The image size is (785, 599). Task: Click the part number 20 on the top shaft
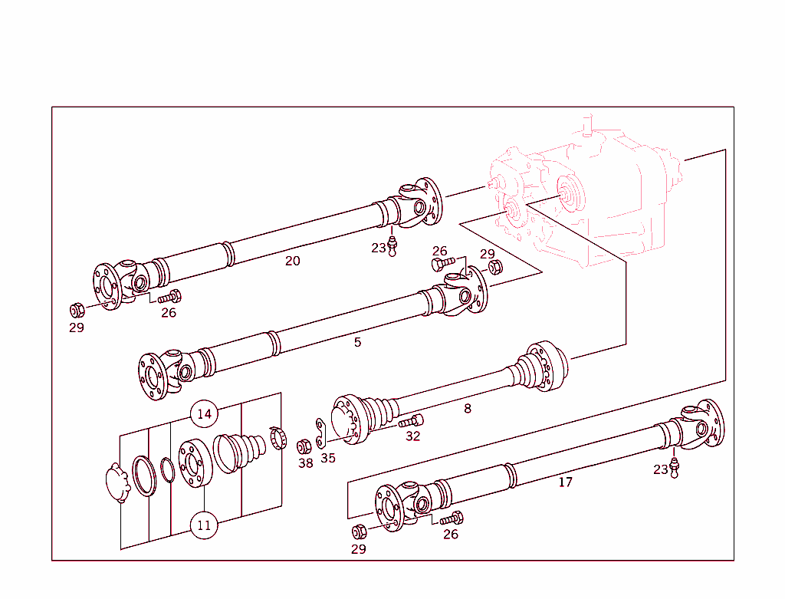(293, 261)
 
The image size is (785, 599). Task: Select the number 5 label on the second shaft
(357, 342)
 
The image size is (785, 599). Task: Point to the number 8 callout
(468, 409)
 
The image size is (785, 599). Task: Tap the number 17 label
(565, 482)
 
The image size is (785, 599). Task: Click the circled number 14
(204, 414)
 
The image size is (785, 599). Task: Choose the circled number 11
(204, 526)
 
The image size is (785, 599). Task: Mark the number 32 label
(413, 436)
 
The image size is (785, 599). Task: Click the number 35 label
(328, 459)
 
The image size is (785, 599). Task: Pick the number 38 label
(305, 463)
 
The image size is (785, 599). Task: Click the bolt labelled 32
(410, 421)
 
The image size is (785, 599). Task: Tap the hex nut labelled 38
(304, 445)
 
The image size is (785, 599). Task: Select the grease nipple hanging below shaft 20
(392, 245)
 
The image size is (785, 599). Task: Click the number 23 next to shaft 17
(661, 469)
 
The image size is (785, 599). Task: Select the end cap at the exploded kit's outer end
(117, 482)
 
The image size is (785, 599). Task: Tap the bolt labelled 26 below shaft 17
(451, 519)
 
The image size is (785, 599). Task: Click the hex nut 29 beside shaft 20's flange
(77, 311)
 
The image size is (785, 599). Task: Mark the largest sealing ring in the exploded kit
(143, 475)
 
